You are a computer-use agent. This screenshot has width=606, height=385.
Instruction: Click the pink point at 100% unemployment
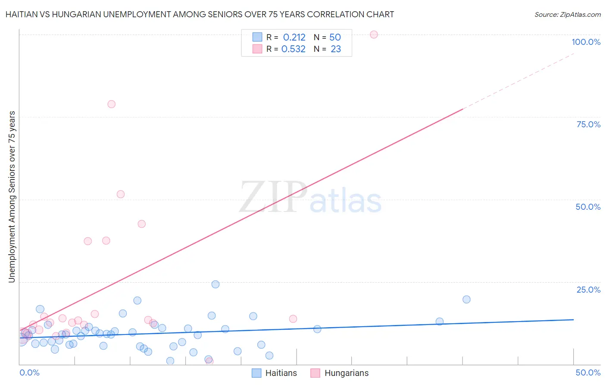tap(374, 35)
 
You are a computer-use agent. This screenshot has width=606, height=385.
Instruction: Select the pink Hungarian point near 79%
tap(112, 104)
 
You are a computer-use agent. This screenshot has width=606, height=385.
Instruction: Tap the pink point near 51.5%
tap(121, 194)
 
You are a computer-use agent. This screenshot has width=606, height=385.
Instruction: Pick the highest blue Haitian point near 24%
tap(216, 284)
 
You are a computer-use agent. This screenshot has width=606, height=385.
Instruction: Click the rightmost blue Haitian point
tap(466, 300)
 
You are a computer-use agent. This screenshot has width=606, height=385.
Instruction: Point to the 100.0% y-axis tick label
tap(586, 42)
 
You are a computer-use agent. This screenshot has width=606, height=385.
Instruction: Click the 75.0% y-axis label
tap(588, 124)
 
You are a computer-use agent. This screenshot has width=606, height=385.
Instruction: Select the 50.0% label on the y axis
tap(588, 207)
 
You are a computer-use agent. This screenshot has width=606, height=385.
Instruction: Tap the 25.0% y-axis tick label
tap(588, 290)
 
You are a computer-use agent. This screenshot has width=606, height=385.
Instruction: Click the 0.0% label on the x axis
tap(29, 373)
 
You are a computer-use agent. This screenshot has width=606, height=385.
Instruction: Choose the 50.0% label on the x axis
tap(588, 373)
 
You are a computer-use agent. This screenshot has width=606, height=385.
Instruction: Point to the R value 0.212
tap(294, 38)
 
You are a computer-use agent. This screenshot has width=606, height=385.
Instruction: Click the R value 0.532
tap(293, 49)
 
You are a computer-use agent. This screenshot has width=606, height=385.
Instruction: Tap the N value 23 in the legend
tap(336, 49)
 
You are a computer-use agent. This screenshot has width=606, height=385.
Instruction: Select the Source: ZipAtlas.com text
tap(567, 14)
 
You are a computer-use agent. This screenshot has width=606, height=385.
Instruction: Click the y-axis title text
tap(12, 197)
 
